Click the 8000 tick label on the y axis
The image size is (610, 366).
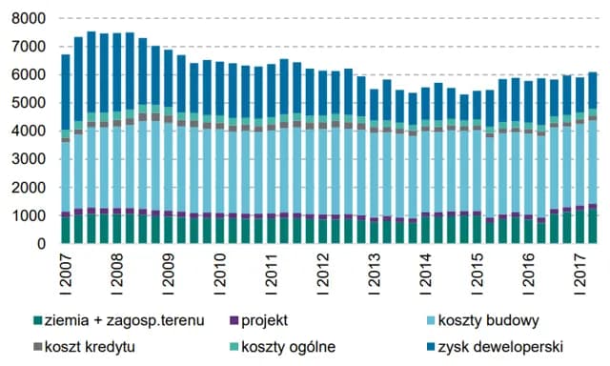[x=28, y=18]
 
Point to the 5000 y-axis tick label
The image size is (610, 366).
[x=28, y=103]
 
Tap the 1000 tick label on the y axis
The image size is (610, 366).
[x=28, y=216]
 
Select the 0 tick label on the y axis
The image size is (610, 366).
[x=40, y=244]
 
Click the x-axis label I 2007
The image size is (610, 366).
[x=66, y=272]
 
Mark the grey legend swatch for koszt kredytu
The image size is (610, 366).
[x=38, y=346]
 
